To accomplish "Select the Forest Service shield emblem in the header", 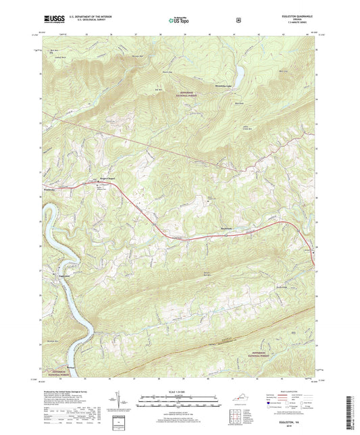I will point(238,20).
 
